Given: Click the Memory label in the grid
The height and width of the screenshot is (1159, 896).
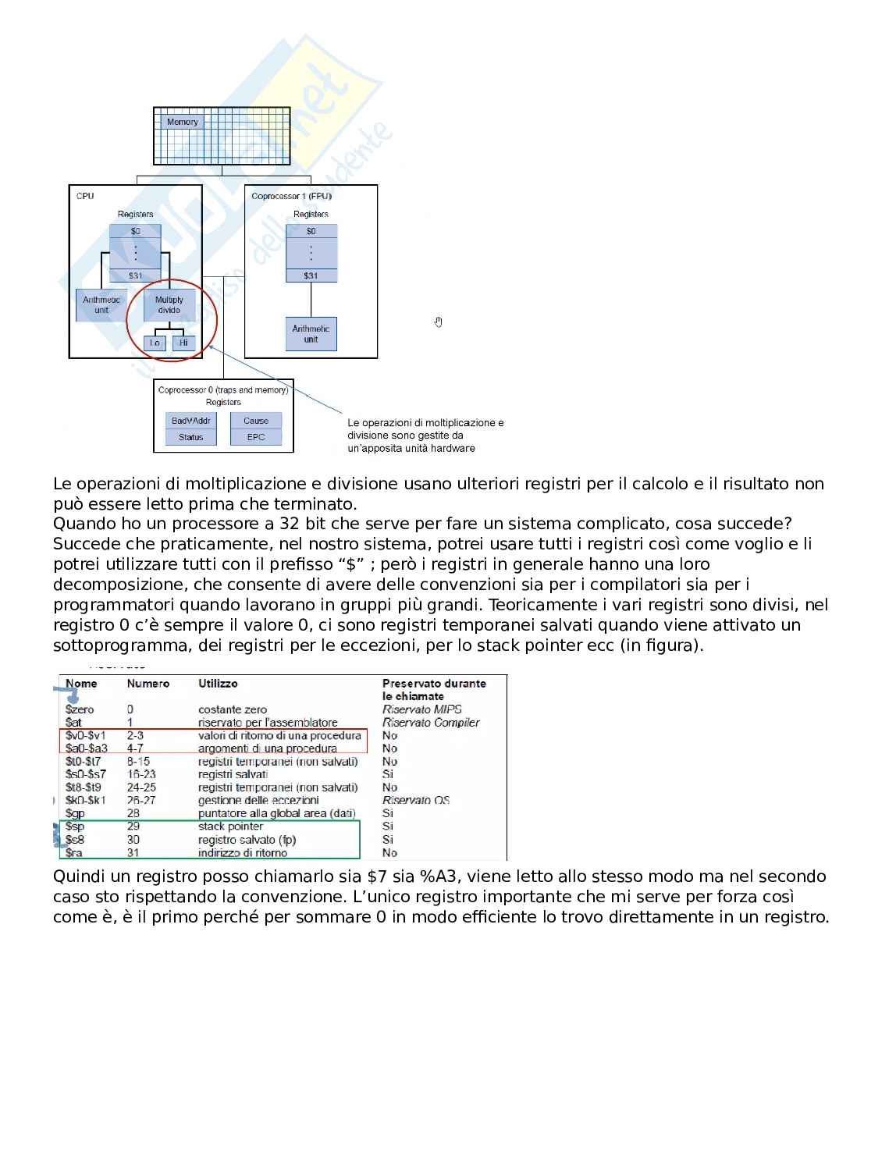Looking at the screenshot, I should coord(183,122).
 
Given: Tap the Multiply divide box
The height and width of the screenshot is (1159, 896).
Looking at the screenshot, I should coord(169,305).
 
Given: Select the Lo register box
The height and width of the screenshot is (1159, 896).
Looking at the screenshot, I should coord(155,343).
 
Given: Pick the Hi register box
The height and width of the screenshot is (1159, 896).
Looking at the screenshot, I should coord(183,343).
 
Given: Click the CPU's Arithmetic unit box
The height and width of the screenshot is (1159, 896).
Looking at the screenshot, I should coord(101,305).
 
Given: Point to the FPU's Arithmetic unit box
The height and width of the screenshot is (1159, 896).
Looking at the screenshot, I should coord(311,334).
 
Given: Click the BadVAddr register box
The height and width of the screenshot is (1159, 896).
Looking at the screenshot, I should coord(190,421).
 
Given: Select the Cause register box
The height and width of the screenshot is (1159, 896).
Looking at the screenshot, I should coord(256,421).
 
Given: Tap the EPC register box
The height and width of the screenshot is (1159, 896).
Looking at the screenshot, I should coord(256,437).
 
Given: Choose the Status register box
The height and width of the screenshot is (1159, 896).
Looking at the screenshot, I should coord(190,437).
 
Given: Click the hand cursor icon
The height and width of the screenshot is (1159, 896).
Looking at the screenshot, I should coord(439,322).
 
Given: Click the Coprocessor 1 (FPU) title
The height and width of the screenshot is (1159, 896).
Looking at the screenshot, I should coord(291,196).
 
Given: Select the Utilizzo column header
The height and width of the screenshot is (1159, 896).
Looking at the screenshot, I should coord(218,684).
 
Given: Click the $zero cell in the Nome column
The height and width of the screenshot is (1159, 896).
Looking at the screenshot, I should coord(80,709).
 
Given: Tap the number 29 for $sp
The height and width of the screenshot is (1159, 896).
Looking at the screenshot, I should coord(133,826).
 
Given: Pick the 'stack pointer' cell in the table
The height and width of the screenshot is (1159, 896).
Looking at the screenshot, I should coord(230,826).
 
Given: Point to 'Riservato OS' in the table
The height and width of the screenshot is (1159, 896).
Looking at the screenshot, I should coord(416,800).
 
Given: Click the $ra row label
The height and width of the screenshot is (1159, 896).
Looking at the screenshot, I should coord(74,852).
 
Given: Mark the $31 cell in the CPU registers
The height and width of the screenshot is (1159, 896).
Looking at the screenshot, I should coord(136,276).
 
